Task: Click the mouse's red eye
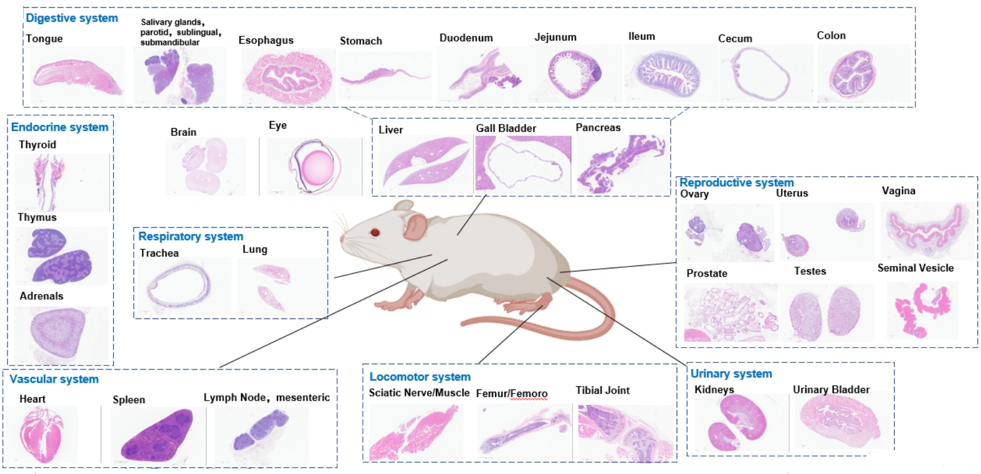[375, 232]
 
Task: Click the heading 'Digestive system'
[71, 18]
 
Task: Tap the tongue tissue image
[76, 76]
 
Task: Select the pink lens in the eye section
[317, 166]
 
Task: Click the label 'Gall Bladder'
[506, 128]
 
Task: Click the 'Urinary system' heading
[731, 374]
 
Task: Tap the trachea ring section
[179, 286]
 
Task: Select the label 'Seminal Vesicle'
[915, 268]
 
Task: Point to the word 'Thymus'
[37, 218]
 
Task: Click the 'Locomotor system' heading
[420, 377]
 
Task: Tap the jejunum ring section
[573, 73]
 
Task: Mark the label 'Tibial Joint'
[602, 391]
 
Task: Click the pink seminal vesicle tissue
[921, 307]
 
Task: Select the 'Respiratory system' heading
[191, 236]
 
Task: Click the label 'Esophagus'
[266, 40]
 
